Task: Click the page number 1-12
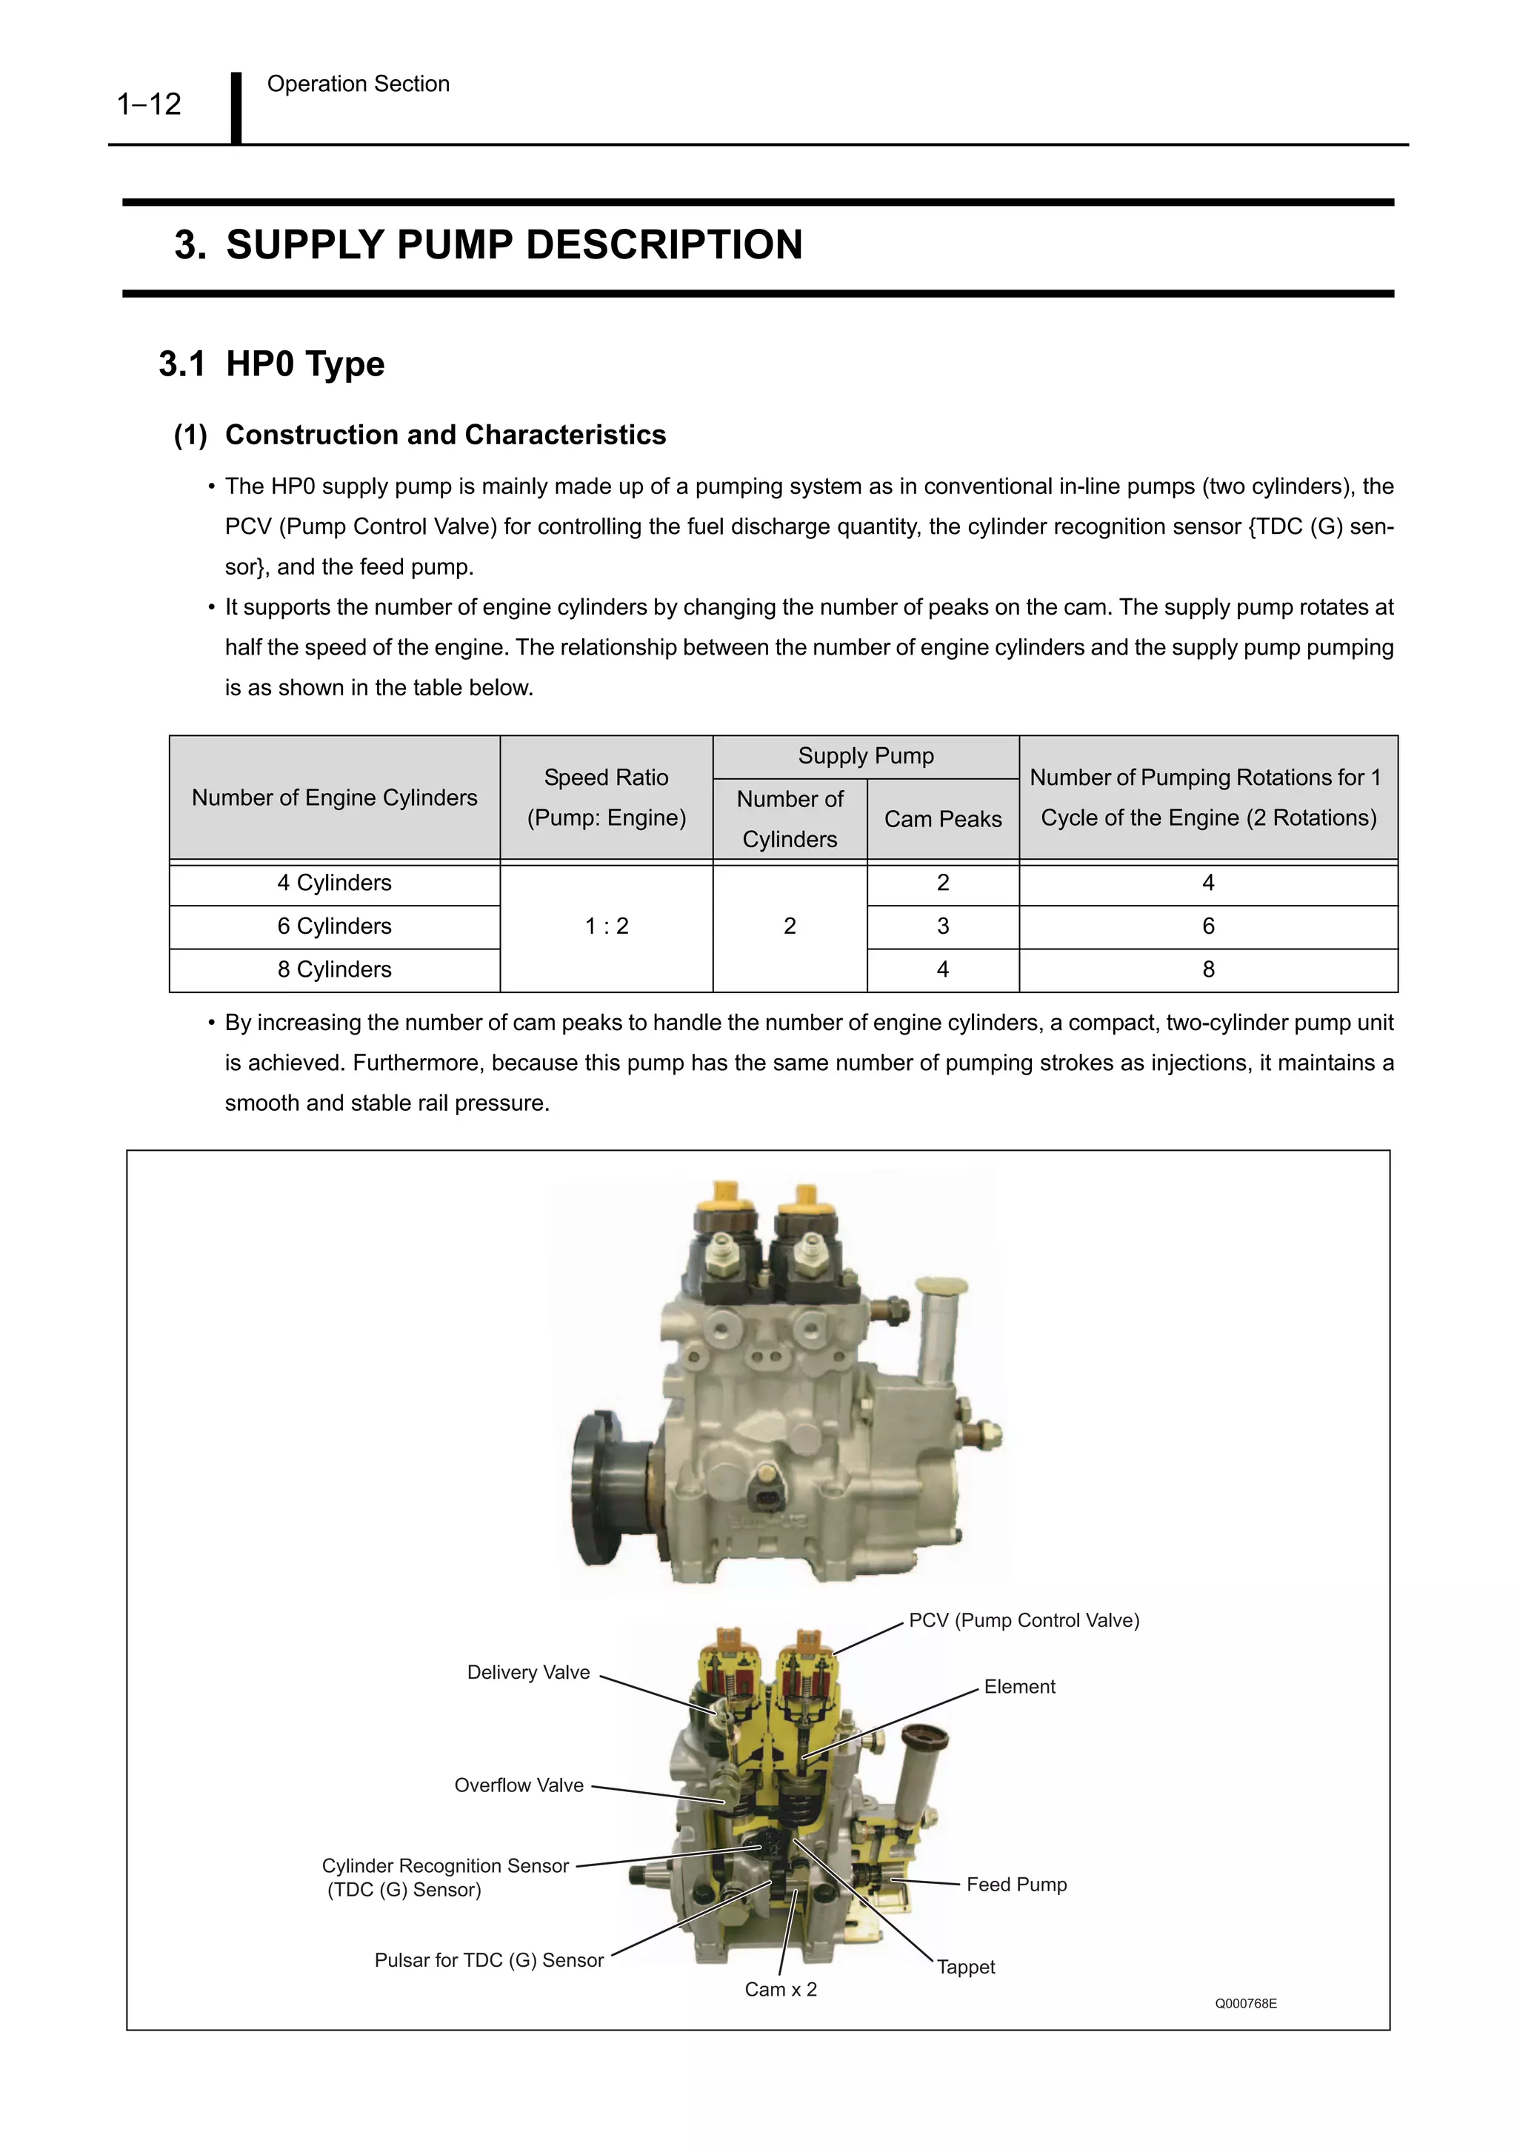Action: (x=149, y=104)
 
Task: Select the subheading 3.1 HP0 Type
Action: (x=272, y=364)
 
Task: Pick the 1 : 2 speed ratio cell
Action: (x=607, y=926)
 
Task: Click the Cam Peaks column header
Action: (x=942, y=819)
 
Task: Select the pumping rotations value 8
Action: (x=1207, y=969)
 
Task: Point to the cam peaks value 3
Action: (x=942, y=926)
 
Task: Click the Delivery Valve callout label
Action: (x=528, y=1672)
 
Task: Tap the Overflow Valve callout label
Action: (x=519, y=1785)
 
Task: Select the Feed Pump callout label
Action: (x=1016, y=1885)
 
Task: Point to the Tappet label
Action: (x=966, y=1967)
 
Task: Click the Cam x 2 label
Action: (x=781, y=1989)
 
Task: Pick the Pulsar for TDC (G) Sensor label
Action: (x=489, y=1960)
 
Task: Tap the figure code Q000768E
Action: (x=1245, y=2003)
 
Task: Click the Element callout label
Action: (x=1018, y=1686)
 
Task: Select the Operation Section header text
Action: (x=358, y=84)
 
